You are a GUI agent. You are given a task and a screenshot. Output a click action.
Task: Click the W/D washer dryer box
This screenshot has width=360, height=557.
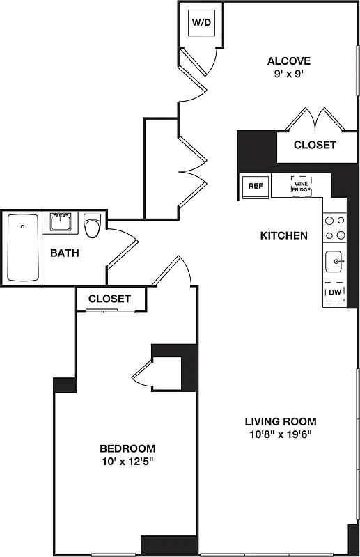[x=201, y=23]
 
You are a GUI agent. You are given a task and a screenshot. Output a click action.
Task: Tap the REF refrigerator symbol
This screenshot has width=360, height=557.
[x=254, y=186]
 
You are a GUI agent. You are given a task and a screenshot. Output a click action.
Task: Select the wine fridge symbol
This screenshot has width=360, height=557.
[x=301, y=186]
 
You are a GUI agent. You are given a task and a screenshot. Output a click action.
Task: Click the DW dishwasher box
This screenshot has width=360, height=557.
[x=335, y=292]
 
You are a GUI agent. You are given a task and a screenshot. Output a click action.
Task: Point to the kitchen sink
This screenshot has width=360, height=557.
[x=335, y=262]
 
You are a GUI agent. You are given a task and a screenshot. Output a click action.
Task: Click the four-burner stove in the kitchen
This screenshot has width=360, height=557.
[x=335, y=227]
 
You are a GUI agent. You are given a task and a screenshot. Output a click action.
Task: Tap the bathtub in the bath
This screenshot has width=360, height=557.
[x=22, y=248]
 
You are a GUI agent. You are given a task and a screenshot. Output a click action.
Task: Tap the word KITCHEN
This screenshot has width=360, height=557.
[x=283, y=236]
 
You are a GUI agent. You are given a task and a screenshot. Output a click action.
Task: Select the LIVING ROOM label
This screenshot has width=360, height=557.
[x=280, y=421]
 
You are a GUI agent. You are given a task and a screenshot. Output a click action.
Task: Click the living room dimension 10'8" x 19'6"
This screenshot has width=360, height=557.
[x=280, y=435]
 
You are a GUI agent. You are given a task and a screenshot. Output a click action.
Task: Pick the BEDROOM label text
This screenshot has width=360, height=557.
[x=127, y=448]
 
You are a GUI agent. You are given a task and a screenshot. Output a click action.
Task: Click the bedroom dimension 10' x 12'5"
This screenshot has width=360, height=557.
[x=127, y=462]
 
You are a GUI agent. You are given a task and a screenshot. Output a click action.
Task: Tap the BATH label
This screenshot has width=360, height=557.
[x=64, y=253]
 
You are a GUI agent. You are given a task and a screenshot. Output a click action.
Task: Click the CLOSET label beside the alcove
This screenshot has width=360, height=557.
[x=315, y=146]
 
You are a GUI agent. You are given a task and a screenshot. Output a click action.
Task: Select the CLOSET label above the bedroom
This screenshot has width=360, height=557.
[x=109, y=299]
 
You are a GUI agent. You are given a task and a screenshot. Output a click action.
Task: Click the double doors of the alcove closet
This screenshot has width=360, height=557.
[x=317, y=119]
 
